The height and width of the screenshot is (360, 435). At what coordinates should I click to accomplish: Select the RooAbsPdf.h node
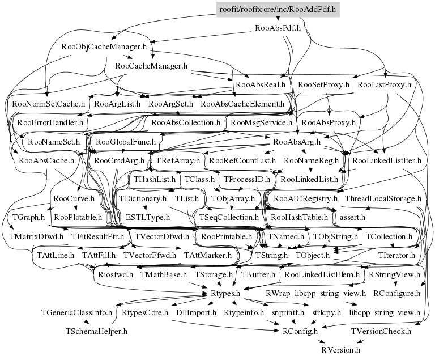pos(278,27)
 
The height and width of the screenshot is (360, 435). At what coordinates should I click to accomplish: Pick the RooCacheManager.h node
pos(151,66)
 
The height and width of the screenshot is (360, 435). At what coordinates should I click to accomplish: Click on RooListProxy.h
pos(385,85)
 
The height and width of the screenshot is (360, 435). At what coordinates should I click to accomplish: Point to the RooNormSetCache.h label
pos(48,104)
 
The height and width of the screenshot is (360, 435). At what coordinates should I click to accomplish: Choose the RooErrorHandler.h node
pos(50,122)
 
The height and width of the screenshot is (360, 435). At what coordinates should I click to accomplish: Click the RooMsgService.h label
pos(261,122)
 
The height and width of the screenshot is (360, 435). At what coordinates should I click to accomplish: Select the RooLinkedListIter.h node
pos(387,160)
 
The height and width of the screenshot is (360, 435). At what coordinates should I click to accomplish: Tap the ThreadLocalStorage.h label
pos(383,198)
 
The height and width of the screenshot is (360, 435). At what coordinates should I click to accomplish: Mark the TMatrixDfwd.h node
pos(37,236)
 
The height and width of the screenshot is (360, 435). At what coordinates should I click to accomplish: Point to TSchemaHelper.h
pos(97,331)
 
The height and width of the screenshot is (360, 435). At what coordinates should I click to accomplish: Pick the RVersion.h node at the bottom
pos(340,350)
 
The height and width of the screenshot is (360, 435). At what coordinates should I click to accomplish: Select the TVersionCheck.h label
pos(385,331)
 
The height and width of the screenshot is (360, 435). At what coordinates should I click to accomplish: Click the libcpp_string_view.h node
pos(385,312)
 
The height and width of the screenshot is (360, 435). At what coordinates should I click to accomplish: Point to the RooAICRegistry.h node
pos(305,198)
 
